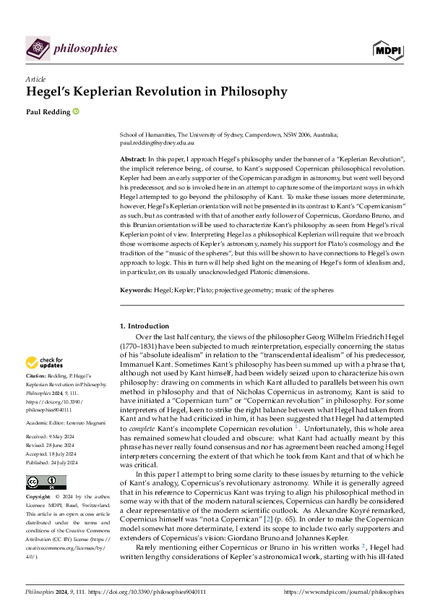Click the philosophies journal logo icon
tap(38, 48)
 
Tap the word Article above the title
tap(35, 79)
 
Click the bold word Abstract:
tap(134, 158)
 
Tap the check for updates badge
tap(44, 362)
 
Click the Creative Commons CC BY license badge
tap(41, 482)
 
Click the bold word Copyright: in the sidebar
tap(39, 498)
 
